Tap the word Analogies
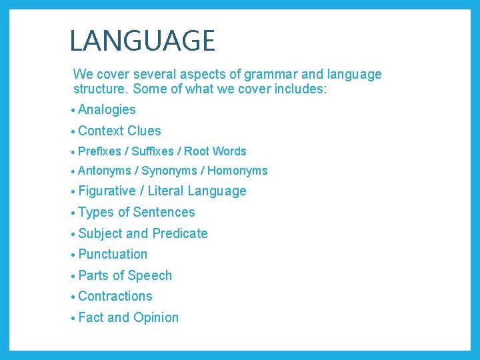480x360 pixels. point(107,110)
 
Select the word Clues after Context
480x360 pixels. point(144,131)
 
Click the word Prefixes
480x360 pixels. point(100,151)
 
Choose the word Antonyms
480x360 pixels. point(105,171)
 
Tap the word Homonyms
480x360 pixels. point(237,171)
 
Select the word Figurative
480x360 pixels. point(107,191)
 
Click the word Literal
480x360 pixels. point(165,191)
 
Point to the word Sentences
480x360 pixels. point(164,212)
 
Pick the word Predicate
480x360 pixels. point(180,233)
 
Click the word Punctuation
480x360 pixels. point(113,254)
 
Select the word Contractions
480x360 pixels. point(115,296)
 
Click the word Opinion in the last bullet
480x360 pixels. point(156,317)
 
